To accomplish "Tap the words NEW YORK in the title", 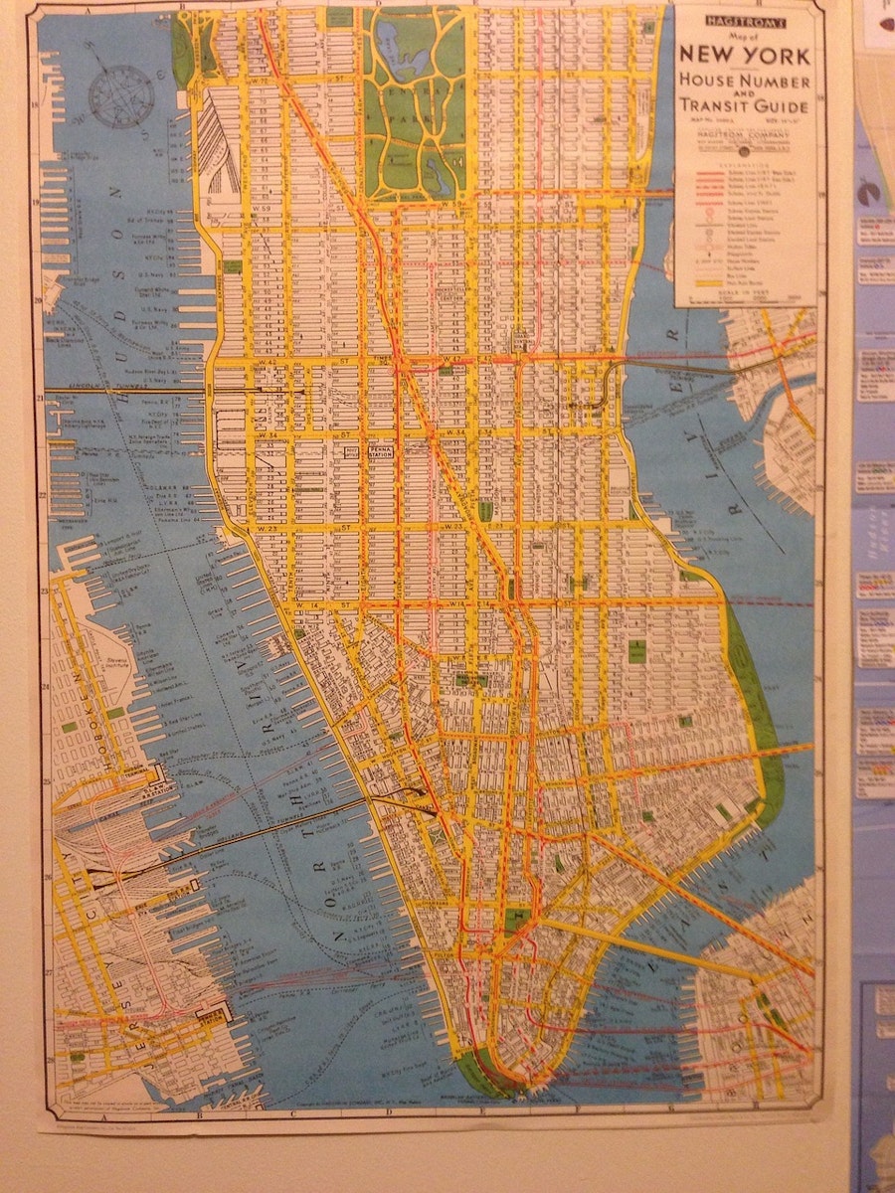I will click(745, 56).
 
